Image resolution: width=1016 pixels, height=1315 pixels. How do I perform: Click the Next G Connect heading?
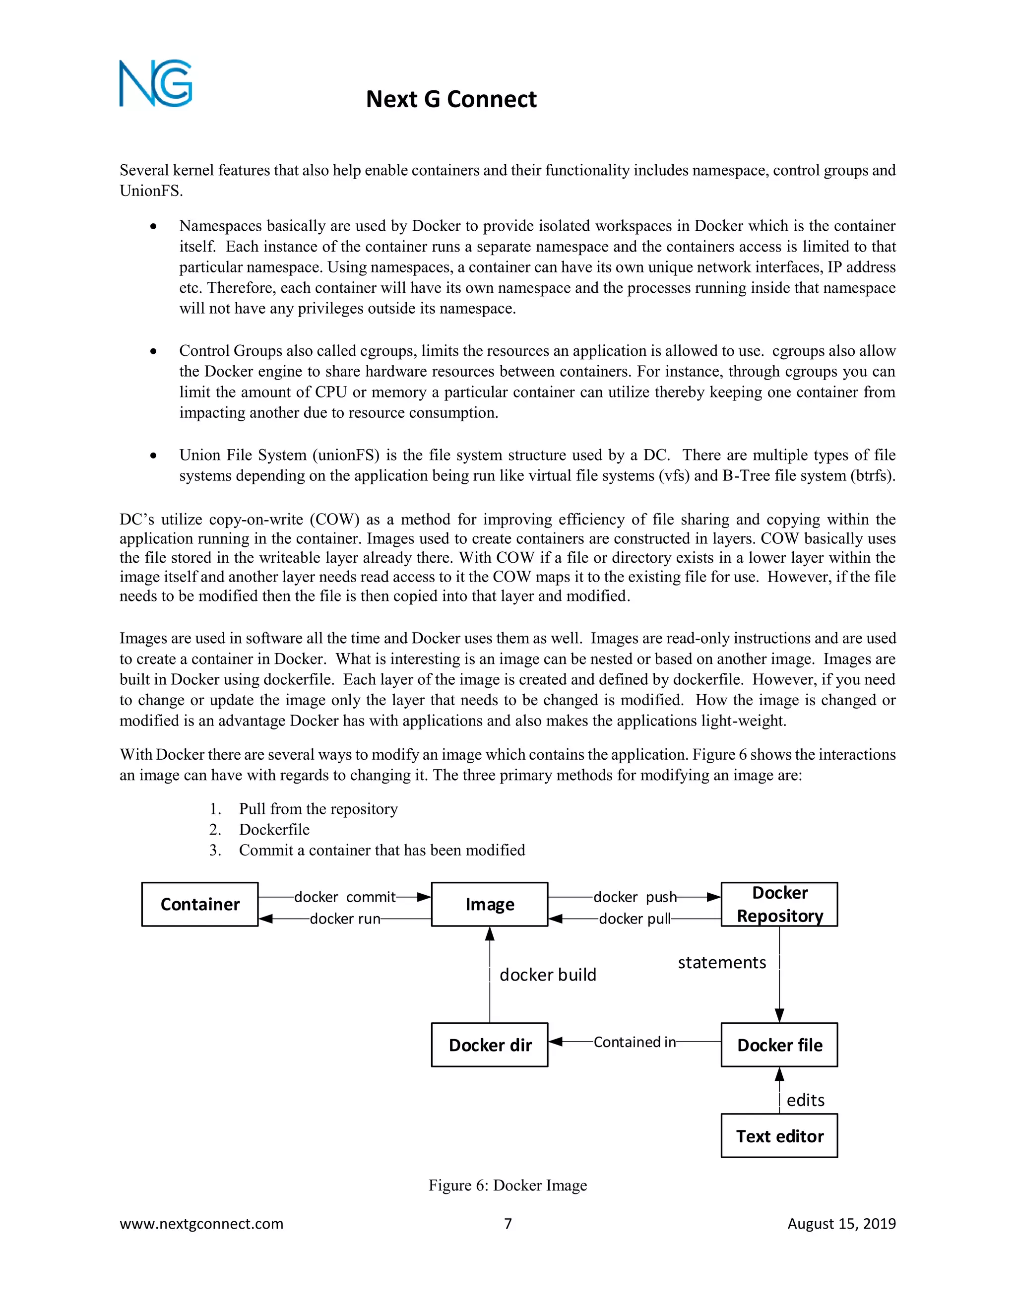[x=451, y=99]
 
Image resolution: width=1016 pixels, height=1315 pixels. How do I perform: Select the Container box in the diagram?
[x=200, y=904]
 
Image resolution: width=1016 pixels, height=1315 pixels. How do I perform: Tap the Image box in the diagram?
[x=489, y=904]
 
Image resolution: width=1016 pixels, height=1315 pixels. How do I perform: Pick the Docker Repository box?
[x=779, y=904]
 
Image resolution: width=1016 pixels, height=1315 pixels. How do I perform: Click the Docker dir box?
[x=489, y=1045]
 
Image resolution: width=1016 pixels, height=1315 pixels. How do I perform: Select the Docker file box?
[x=779, y=1045]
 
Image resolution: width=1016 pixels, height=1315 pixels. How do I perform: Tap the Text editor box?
[x=779, y=1136]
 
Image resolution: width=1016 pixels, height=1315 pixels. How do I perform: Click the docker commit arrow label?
[x=345, y=897]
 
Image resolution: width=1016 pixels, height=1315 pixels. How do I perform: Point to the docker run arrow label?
[x=345, y=919]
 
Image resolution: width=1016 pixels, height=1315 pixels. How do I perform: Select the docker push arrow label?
[x=635, y=897]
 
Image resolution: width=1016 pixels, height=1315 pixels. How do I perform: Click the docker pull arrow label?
[x=635, y=919]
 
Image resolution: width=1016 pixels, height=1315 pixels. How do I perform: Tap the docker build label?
[x=548, y=975]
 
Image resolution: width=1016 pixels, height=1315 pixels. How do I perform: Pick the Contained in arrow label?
[x=635, y=1042]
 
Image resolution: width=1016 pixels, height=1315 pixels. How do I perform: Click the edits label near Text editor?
[x=805, y=1101]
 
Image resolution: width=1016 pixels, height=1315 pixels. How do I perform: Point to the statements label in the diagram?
[x=722, y=963]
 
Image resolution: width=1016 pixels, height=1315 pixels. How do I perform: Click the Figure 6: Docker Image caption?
[x=508, y=1185]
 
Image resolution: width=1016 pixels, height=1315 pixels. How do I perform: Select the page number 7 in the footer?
[x=508, y=1224]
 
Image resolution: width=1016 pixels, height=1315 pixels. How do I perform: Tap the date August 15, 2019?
[x=841, y=1224]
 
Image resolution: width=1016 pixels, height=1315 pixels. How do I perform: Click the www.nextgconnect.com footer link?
[x=201, y=1224]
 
